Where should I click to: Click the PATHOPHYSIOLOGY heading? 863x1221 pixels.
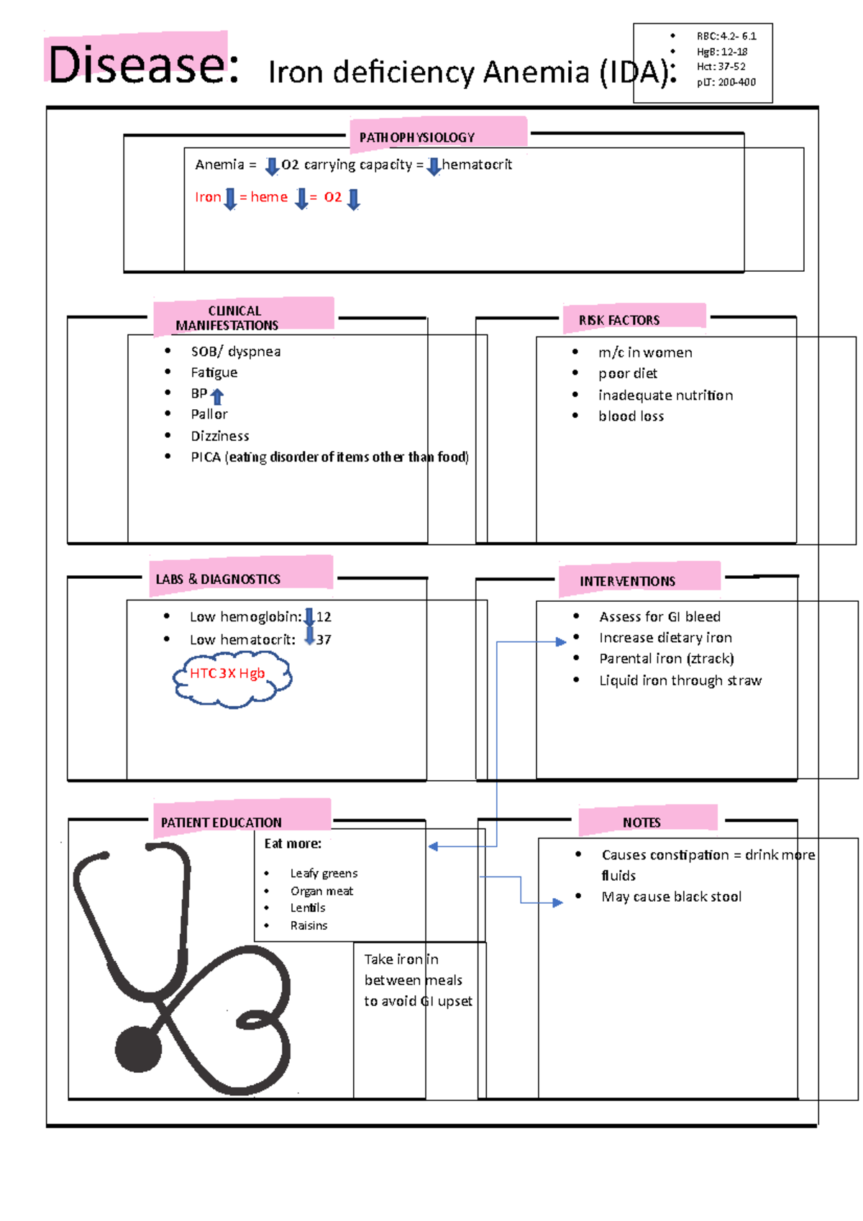point(417,137)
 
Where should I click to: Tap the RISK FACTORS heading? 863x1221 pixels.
point(619,320)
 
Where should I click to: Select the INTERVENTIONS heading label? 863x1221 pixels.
point(627,581)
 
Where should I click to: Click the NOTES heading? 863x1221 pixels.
point(641,823)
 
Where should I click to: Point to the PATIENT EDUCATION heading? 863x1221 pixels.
point(221,823)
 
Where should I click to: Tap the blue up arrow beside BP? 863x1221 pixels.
point(217,395)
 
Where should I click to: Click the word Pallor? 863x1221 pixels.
point(209,414)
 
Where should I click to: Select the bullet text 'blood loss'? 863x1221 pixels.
point(631,416)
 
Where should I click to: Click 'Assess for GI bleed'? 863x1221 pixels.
point(659,617)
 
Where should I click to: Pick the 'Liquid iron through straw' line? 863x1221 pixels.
point(680,680)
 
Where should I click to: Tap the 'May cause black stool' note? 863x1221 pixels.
point(671,897)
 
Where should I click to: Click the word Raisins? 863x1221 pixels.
point(309,925)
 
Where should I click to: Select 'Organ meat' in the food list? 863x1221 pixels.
point(321,891)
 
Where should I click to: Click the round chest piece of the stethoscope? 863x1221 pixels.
point(138,1049)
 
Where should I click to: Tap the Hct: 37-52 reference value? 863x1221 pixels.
point(721,66)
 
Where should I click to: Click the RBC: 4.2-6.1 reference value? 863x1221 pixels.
point(726,36)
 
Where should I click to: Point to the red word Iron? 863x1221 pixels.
point(208,197)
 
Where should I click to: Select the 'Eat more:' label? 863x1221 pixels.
point(293,843)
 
